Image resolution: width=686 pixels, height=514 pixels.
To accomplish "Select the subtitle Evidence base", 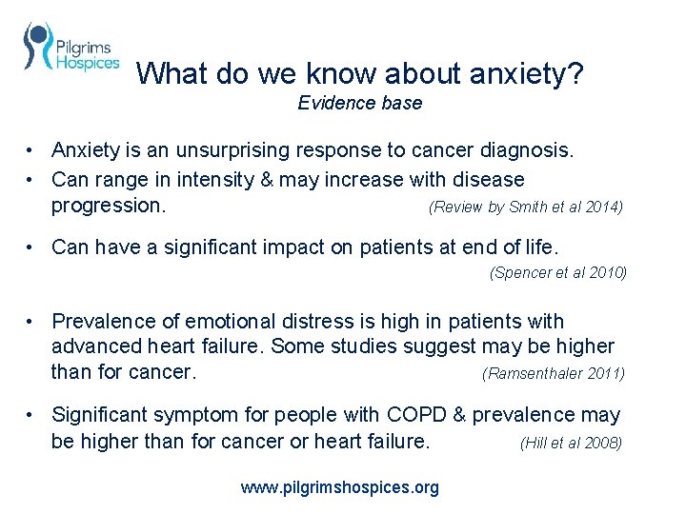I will coord(359,103).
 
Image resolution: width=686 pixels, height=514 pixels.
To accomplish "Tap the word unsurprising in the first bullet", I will coord(215,151).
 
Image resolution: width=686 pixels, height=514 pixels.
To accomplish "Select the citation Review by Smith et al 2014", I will coord(526,207).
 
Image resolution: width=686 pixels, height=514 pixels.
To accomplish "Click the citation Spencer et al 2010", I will coord(557,272).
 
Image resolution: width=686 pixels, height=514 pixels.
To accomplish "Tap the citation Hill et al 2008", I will coord(571,443).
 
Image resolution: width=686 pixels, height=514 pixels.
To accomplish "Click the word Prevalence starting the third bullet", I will coord(103,322).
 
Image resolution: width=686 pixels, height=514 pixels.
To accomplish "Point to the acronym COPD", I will coord(412,415).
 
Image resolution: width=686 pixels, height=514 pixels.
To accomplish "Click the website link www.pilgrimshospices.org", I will coord(340,487).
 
